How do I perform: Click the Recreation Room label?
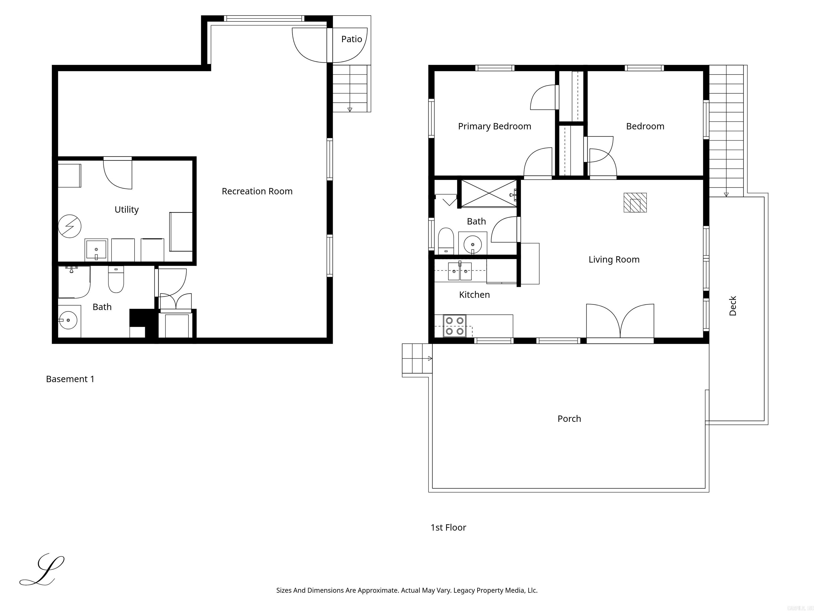click(x=257, y=191)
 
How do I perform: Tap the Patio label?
click(x=351, y=39)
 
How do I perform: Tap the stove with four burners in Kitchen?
click(x=454, y=326)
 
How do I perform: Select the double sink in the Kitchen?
click(x=460, y=272)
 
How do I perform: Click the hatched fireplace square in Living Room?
click(x=635, y=203)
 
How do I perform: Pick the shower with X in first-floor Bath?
click(x=489, y=193)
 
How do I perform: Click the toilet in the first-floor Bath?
click(x=446, y=241)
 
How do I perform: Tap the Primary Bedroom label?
click(x=494, y=126)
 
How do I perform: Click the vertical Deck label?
click(x=733, y=306)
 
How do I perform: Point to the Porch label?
click(x=569, y=419)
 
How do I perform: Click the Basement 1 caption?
click(x=70, y=379)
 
